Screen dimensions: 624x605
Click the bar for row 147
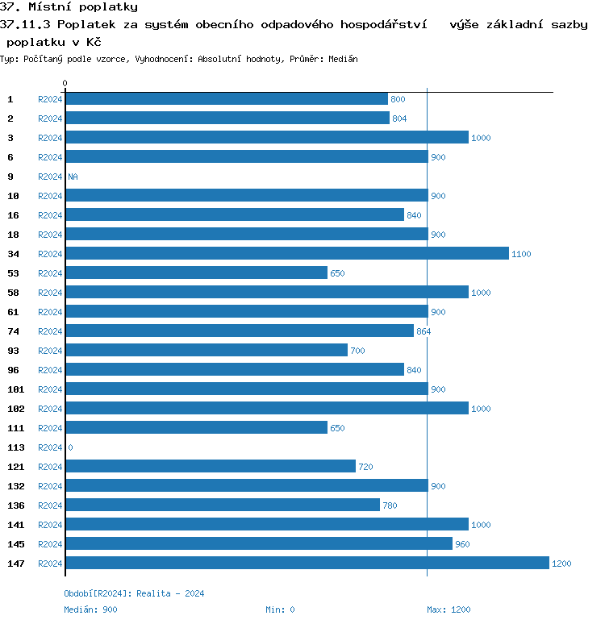pyautogui.click(x=307, y=563)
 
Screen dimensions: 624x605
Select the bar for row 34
pyautogui.click(x=286, y=253)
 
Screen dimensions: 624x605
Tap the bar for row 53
pyautogui.click(x=196, y=272)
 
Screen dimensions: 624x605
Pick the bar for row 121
pyautogui.click(x=210, y=466)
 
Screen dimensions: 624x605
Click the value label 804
pyautogui.click(x=399, y=119)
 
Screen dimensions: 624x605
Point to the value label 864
pyautogui.click(x=423, y=331)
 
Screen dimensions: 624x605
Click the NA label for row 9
pyautogui.click(x=73, y=177)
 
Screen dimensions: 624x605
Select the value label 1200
pyautogui.click(x=561, y=564)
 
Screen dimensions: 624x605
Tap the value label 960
pyautogui.click(x=462, y=544)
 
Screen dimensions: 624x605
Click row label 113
pyautogui.click(x=15, y=447)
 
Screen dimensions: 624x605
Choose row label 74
pyautogui.click(x=13, y=331)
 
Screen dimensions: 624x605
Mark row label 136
pyautogui.click(x=15, y=505)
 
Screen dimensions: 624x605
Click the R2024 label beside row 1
pyautogui.click(x=50, y=99)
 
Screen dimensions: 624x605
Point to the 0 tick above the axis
pyautogui.click(x=65, y=83)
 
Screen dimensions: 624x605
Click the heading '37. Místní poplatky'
pyautogui.click(x=69, y=7)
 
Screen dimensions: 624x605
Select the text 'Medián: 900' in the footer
pyautogui.click(x=90, y=609)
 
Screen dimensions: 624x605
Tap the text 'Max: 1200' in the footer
pyautogui.click(x=449, y=609)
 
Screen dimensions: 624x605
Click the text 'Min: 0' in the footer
pyautogui.click(x=280, y=609)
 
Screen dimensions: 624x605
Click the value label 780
pyautogui.click(x=390, y=505)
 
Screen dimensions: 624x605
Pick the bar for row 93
pyautogui.click(x=206, y=350)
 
